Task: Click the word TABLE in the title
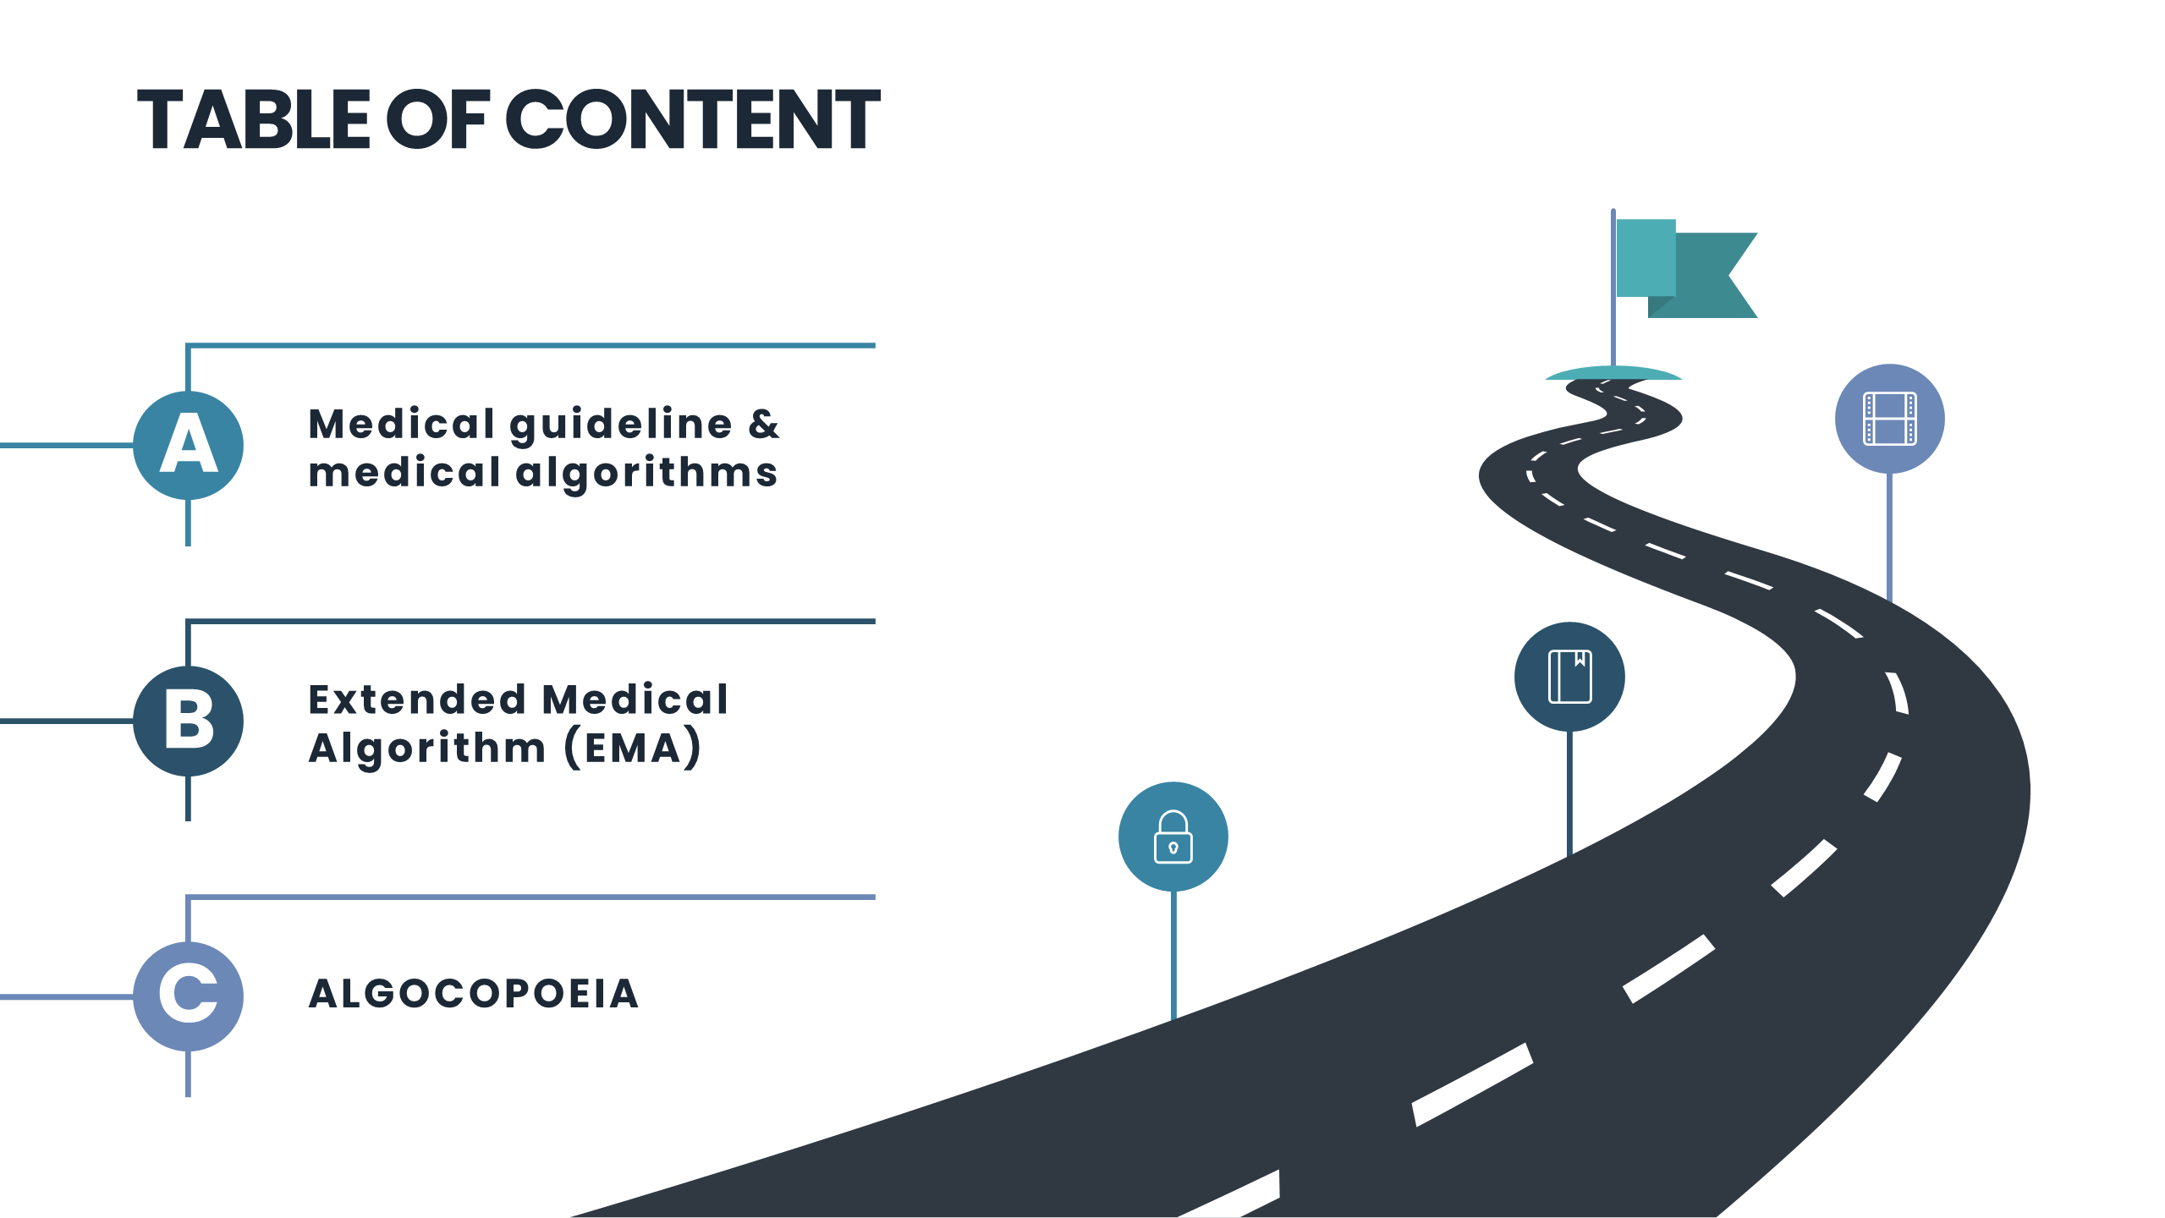(254, 119)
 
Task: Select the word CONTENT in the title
(693, 119)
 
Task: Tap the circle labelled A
(189, 445)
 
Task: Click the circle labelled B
(189, 721)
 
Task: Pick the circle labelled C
(189, 996)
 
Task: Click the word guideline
(621, 425)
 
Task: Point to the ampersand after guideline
(763, 424)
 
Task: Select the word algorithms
(646, 474)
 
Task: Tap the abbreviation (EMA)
(633, 749)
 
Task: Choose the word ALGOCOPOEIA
(474, 994)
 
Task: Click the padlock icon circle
(1173, 837)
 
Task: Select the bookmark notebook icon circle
(1569, 677)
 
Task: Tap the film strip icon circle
(1889, 419)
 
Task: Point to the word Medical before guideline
(401, 424)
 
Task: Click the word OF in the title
(437, 119)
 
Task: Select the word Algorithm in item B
(427, 749)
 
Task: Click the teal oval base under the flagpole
(1613, 373)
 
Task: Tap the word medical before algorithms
(404, 473)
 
